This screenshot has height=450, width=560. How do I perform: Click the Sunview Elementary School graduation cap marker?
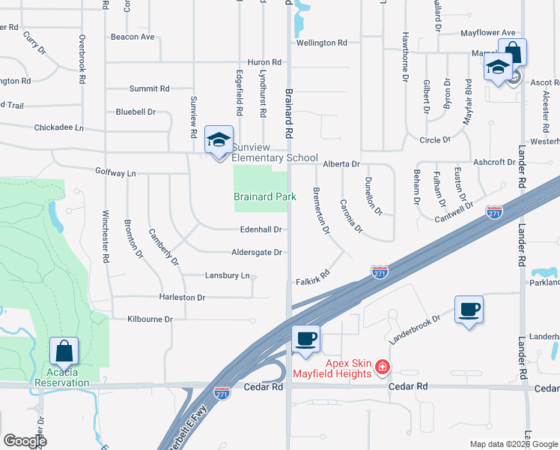pos(219,140)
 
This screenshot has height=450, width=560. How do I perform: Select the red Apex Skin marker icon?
pos(383,366)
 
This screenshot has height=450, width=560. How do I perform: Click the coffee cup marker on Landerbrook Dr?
pos(469,310)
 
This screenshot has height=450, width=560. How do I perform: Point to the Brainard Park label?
pos(265,196)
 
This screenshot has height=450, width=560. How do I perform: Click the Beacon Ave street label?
pos(133,37)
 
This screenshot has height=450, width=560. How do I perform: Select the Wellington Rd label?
pos(321,43)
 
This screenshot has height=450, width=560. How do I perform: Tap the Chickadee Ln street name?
pos(59,127)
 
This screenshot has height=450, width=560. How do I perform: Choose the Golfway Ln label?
pos(116,172)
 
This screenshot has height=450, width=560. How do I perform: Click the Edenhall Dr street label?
pos(261,229)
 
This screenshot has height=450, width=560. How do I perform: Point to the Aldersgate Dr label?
pos(257,253)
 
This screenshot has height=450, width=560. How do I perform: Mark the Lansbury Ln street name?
pos(227,275)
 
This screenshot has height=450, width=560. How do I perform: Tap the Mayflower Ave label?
pos(488,33)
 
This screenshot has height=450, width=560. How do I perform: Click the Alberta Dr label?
pos(341,163)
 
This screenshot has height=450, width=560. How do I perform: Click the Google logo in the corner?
pos(25,441)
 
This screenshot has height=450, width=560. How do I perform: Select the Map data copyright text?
pos(514,444)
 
